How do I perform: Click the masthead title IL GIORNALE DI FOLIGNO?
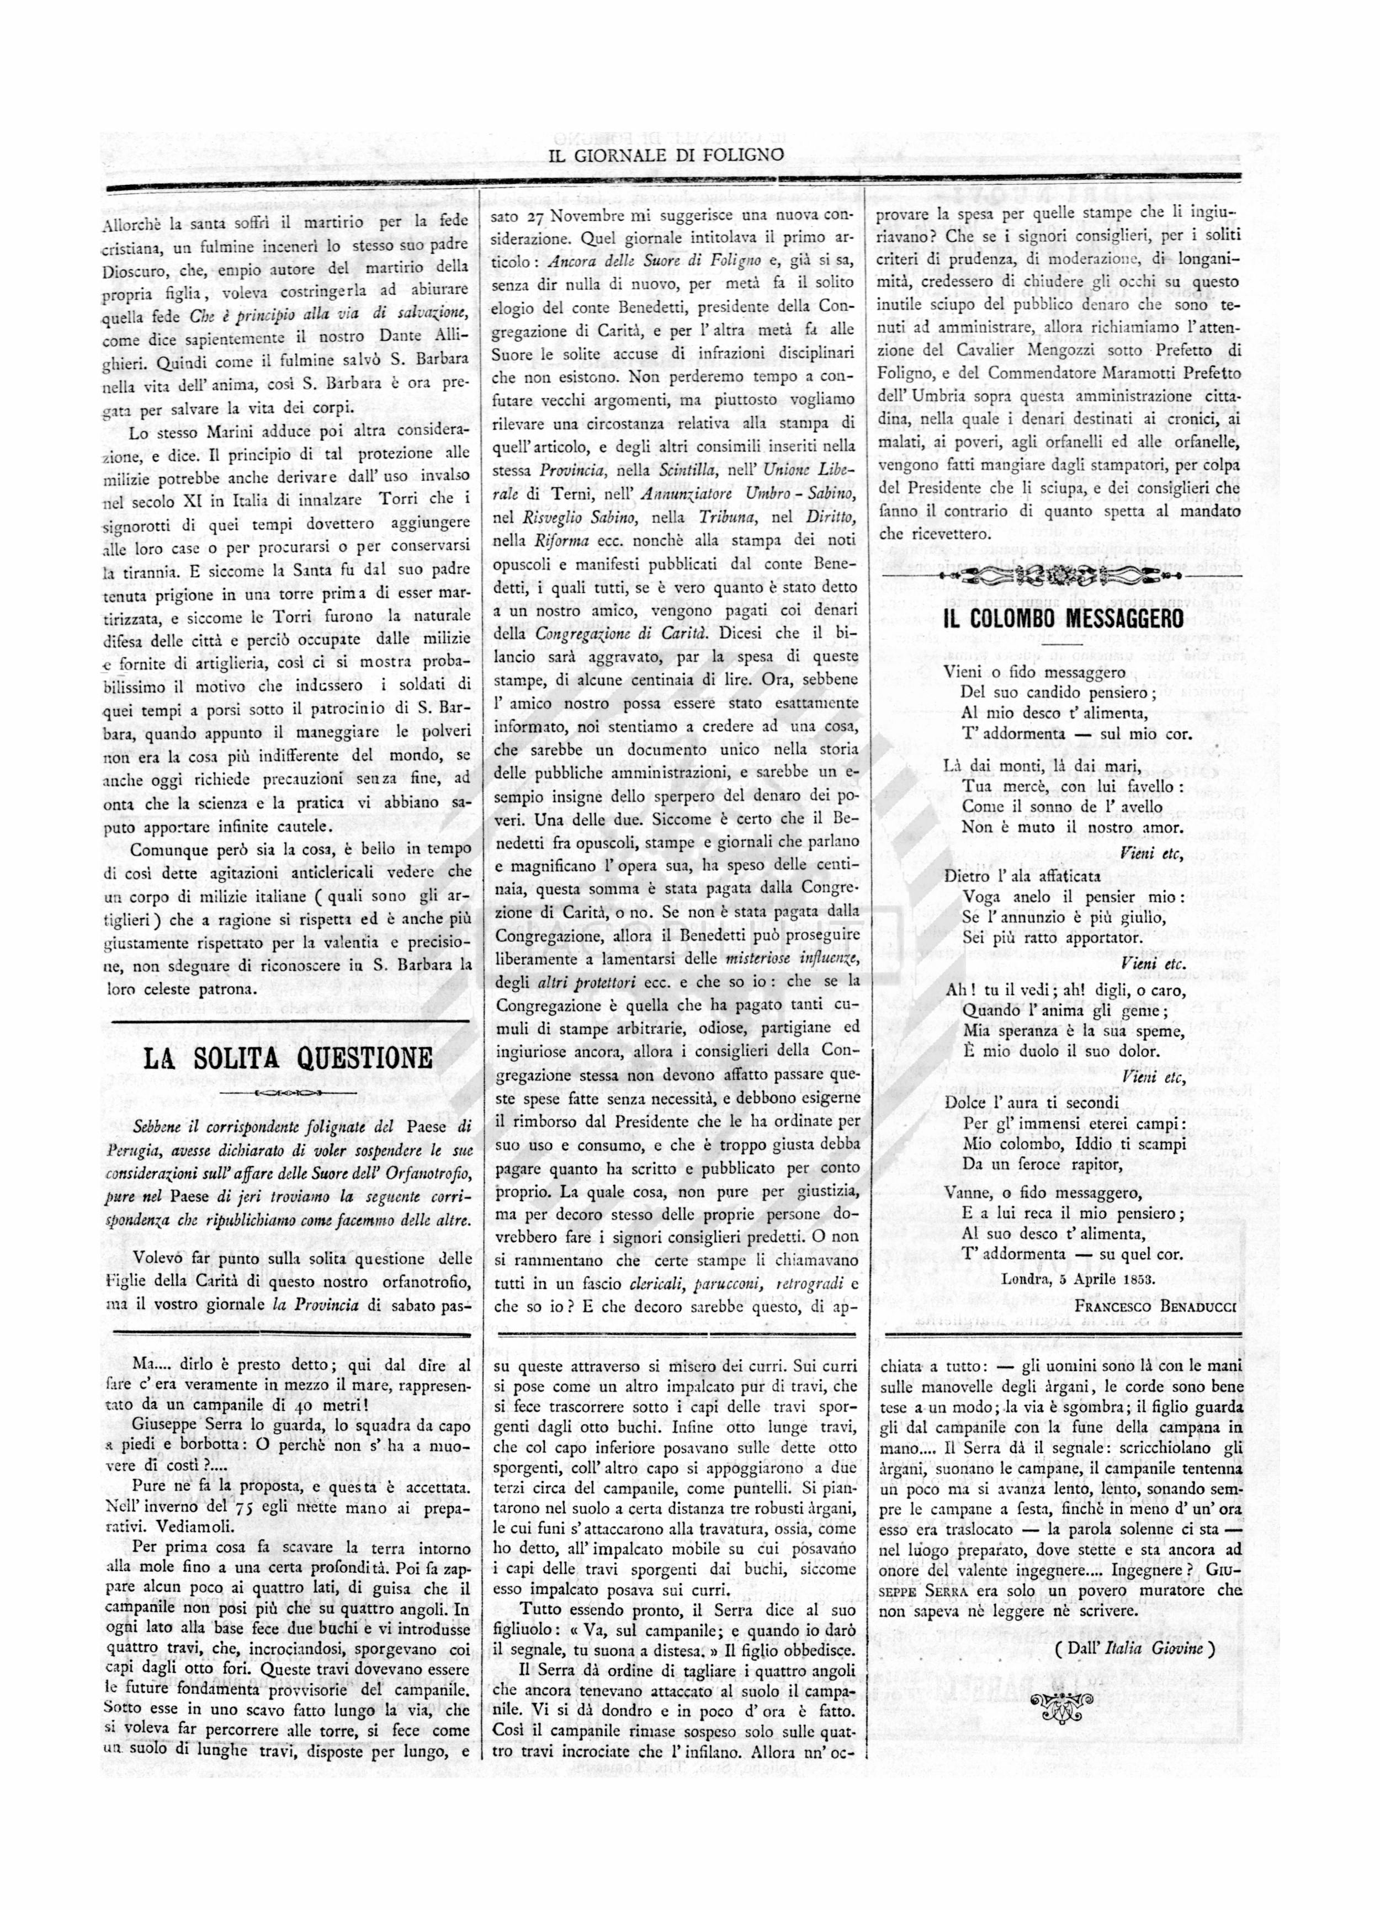coord(666,154)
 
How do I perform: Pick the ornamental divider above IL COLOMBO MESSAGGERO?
coord(1063,576)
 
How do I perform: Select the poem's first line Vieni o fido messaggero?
coord(1034,672)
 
